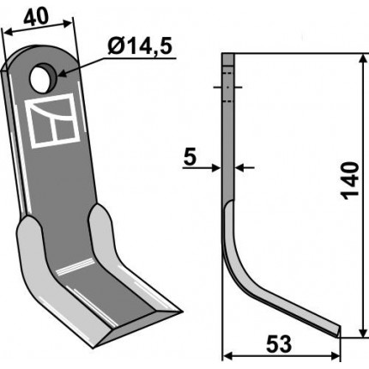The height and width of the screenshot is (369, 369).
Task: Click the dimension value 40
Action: pos(36,17)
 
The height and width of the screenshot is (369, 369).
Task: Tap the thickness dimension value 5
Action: pos(191,157)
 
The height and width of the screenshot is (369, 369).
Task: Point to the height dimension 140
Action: pos(350,180)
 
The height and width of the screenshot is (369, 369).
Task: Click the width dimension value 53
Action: pos(279,344)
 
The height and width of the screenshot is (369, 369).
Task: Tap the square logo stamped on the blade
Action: pos(53,121)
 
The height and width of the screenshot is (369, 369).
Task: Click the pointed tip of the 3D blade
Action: pos(181,312)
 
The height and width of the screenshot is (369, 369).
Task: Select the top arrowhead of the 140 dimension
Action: pos(363,58)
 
